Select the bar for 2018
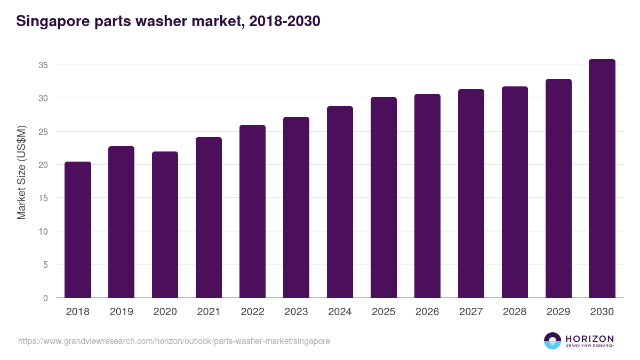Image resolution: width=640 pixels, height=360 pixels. [x=78, y=230]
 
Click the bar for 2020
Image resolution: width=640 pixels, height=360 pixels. [x=165, y=225]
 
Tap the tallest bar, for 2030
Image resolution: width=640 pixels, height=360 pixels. [x=602, y=179]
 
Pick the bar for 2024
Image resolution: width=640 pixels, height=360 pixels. [x=340, y=202]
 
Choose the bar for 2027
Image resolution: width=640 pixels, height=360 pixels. [x=471, y=194]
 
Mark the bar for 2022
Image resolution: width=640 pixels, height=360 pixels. [x=252, y=211]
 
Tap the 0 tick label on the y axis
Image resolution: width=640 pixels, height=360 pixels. [x=46, y=298]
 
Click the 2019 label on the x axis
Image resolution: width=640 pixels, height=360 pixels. [x=122, y=312]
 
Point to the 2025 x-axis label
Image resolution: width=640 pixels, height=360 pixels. [x=383, y=312]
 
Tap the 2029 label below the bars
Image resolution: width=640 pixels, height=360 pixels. [x=558, y=312]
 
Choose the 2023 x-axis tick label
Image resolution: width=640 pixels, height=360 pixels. [x=296, y=312]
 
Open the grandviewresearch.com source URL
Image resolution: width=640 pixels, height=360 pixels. [x=174, y=341]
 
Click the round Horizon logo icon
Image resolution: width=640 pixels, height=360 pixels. [x=553, y=341]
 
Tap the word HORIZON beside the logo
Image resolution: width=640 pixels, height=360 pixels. [x=589, y=339]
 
